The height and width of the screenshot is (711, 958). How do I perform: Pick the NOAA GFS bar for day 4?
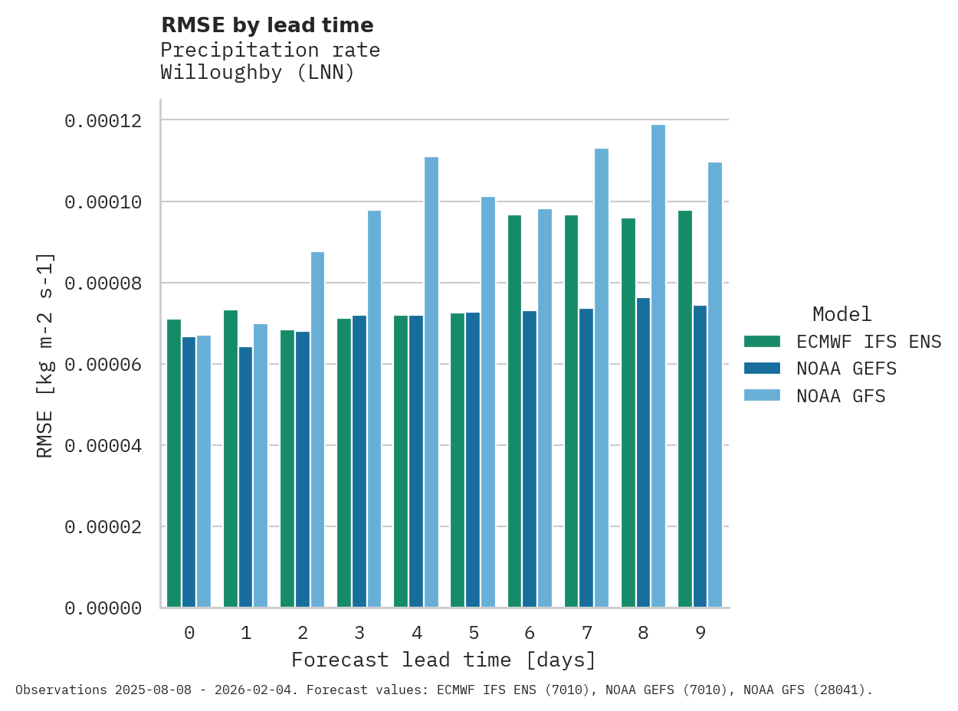click(x=431, y=382)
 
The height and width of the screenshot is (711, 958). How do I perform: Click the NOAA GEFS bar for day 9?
click(x=700, y=457)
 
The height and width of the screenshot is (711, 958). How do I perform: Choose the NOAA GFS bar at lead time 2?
click(x=318, y=430)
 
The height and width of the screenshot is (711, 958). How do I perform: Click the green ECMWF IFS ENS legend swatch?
click(x=762, y=341)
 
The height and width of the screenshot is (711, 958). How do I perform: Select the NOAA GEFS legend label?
click(x=846, y=369)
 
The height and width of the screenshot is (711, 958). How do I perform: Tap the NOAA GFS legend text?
click(x=841, y=396)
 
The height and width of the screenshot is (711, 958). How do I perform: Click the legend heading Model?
click(x=842, y=314)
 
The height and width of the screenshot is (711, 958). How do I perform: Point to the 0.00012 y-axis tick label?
click(x=103, y=121)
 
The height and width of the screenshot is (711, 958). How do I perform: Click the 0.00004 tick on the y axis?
click(x=103, y=446)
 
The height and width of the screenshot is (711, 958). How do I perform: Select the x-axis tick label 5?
click(x=474, y=633)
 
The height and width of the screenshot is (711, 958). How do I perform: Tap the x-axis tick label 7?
click(x=587, y=633)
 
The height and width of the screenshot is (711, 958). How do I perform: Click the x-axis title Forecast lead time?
click(x=443, y=660)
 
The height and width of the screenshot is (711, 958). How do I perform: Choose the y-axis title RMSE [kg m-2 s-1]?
click(x=45, y=355)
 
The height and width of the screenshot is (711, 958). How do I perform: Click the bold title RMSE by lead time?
click(x=267, y=25)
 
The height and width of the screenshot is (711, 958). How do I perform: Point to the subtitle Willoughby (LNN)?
click(x=258, y=73)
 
